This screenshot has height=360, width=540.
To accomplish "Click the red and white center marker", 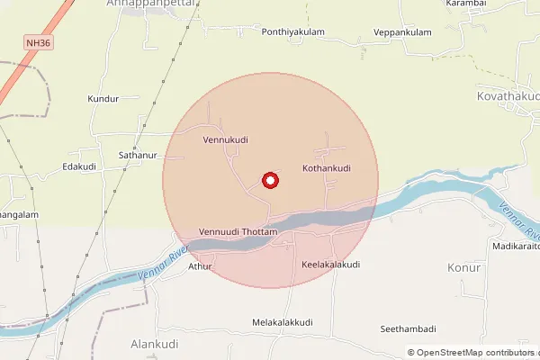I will tap(269, 181).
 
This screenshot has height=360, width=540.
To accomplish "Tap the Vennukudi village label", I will tap(225, 139).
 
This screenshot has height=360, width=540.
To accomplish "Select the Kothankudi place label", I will tap(326, 168).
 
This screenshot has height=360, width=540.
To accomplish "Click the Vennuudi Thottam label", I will tap(238, 232).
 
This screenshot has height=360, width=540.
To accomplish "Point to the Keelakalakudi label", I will tap(330, 265).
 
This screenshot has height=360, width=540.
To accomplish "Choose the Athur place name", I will tap(200, 266).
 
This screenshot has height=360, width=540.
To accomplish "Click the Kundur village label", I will tap(103, 98).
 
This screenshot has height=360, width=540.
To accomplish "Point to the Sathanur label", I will tap(138, 155).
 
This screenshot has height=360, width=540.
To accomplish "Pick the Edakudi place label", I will tap(79, 166).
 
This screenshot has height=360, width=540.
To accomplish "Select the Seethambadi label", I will tap(408, 328).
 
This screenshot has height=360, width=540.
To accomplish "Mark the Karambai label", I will tap(465, 4).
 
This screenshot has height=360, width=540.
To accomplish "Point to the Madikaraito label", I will tap(516, 246).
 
